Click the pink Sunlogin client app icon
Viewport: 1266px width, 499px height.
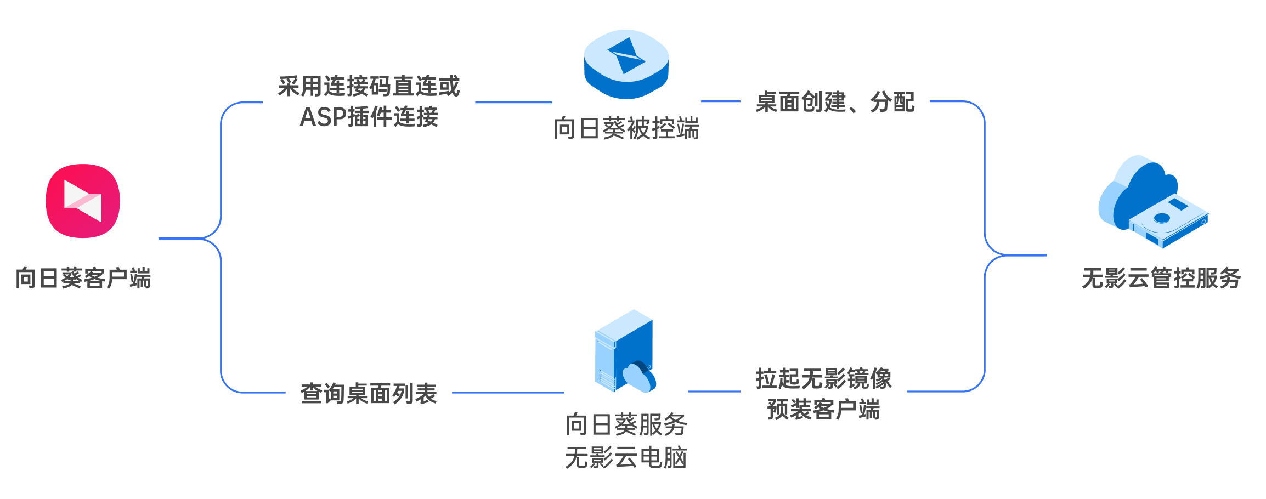point(83,201)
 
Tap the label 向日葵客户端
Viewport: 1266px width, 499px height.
point(83,278)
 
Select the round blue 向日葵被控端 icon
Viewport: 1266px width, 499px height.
point(626,64)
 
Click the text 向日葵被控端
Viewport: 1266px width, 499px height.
point(626,128)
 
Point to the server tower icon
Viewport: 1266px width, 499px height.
point(625,351)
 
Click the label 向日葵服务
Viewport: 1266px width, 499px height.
point(626,424)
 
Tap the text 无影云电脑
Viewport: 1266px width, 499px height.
point(626,457)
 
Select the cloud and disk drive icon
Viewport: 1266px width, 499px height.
point(1153,201)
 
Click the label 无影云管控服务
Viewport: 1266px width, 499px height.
point(1161,278)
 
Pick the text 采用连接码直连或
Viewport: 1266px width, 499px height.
point(369,86)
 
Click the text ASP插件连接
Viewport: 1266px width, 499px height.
point(369,116)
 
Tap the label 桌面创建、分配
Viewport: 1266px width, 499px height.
point(835,102)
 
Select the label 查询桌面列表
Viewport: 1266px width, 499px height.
point(369,393)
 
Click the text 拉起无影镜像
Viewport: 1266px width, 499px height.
point(824,378)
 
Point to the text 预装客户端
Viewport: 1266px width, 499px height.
point(824,409)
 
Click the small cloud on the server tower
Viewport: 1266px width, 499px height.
point(639,377)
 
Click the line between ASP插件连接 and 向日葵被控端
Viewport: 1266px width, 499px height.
point(513,102)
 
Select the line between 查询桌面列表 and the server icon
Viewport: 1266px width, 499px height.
point(508,393)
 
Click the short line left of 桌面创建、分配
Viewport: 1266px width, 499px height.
point(721,101)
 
